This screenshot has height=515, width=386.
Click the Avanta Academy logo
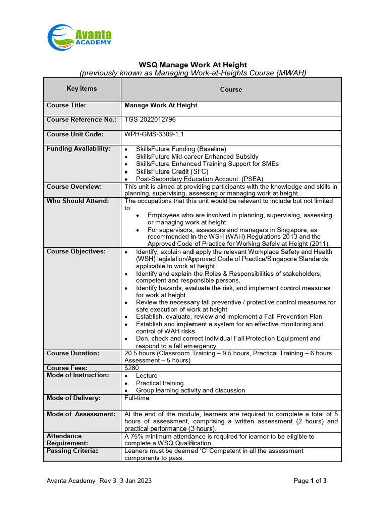(79, 37)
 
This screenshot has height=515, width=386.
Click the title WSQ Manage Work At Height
(192, 65)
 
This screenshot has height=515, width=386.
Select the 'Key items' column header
(82, 89)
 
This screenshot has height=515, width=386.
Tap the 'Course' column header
(231, 89)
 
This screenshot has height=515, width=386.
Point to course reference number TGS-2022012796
(150, 120)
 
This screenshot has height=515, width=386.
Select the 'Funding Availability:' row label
(78, 149)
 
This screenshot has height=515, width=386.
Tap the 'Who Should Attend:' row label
(77, 201)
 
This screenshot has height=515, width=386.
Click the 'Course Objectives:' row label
(76, 252)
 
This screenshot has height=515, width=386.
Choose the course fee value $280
(131, 368)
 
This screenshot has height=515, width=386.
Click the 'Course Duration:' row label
(73, 353)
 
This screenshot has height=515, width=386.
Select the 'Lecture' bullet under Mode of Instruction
(146, 376)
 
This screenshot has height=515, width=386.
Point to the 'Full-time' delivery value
(137, 398)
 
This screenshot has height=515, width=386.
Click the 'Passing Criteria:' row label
(72, 451)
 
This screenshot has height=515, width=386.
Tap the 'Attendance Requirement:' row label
(67, 440)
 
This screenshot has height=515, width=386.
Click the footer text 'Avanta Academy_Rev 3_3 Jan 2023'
(99, 481)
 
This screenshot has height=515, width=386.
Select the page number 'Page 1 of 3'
(310, 481)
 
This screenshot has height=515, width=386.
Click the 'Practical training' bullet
(160, 383)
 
